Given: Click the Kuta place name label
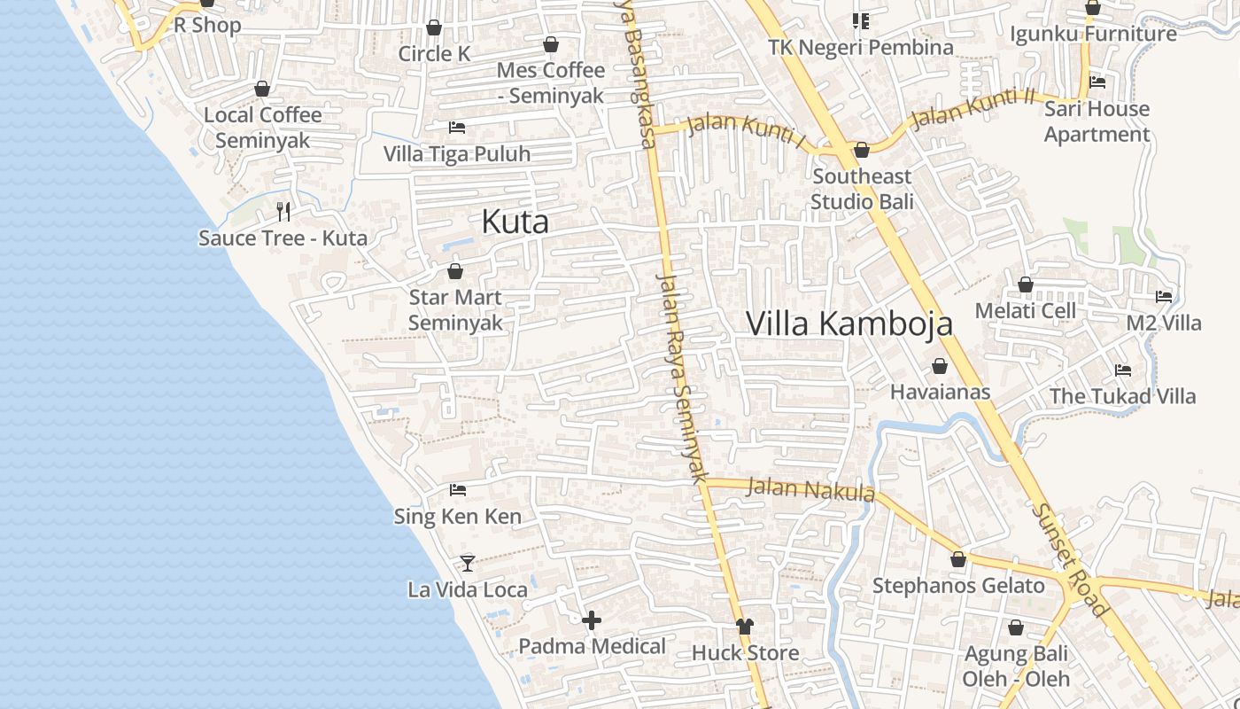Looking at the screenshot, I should click(515, 222).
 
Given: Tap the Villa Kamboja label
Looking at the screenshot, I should click(849, 323).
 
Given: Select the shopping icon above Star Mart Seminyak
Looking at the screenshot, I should click(455, 271).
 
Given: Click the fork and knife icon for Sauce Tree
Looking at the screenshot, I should click(283, 211).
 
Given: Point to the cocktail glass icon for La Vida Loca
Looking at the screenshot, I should click(467, 563).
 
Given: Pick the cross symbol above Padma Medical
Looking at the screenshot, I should click(592, 620).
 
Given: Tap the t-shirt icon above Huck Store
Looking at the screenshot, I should click(744, 627).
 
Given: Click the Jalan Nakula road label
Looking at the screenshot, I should click(810, 489).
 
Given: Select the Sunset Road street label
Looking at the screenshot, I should click(1069, 560).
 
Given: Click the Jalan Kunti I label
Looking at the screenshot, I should click(746, 131).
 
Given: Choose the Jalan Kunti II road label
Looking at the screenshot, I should click(973, 108).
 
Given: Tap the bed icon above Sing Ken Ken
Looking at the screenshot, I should click(457, 489).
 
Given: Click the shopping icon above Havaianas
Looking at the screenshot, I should click(940, 366).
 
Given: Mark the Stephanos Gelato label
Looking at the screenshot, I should click(958, 586).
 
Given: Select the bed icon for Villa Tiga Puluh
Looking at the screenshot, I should click(457, 128).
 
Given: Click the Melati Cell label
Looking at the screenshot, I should click(1025, 311).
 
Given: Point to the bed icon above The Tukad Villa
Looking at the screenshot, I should click(1123, 370).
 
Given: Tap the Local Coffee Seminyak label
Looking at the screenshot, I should click(262, 128).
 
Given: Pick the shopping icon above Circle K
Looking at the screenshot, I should click(434, 27).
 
